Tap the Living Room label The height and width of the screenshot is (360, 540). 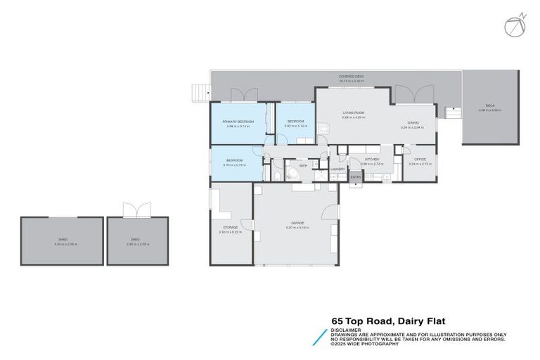pyautogui.click(x=352, y=112)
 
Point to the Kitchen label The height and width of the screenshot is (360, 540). pyautogui.click(x=372, y=160)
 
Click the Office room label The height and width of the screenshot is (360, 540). pyautogui.click(x=419, y=160)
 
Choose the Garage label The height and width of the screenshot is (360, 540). pyautogui.click(x=297, y=224)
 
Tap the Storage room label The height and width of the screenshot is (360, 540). pyautogui.click(x=231, y=227)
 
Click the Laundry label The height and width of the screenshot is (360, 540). pyautogui.click(x=337, y=169)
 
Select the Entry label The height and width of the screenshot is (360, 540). pyautogui.click(x=356, y=176)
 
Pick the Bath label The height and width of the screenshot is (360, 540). pyautogui.click(x=303, y=166)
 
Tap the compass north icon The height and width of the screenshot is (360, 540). pyautogui.click(x=513, y=25)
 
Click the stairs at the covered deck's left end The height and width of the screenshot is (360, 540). pyautogui.click(x=201, y=92)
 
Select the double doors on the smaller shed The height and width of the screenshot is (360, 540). pyautogui.click(x=137, y=210)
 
